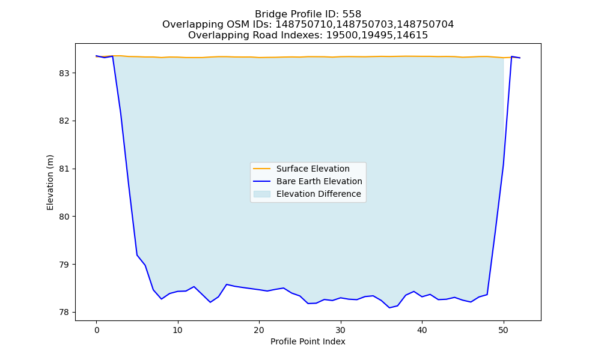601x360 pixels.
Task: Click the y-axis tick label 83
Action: click(x=64, y=73)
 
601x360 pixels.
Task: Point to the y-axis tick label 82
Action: click(x=64, y=121)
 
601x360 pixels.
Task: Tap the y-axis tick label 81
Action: click(x=64, y=169)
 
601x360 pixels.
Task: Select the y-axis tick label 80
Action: click(x=64, y=217)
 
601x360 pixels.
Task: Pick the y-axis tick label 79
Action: click(x=64, y=265)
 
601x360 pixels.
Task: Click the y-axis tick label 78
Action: click(x=64, y=312)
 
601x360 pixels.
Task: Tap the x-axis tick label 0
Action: click(x=97, y=330)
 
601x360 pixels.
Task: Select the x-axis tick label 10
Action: click(x=178, y=330)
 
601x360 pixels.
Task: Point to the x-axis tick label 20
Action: click(x=259, y=330)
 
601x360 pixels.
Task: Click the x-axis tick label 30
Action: click(x=341, y=330)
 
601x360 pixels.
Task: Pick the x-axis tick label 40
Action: click(x=422, y=330)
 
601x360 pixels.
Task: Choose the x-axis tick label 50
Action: click(x=504, y=330)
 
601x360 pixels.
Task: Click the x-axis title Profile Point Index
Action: click(x=308, y=341)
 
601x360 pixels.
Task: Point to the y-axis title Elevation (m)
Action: click(x=50, y=182)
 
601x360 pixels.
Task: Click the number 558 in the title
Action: click(x=352, y=14)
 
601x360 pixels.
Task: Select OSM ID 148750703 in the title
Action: click(x=365, y=25)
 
